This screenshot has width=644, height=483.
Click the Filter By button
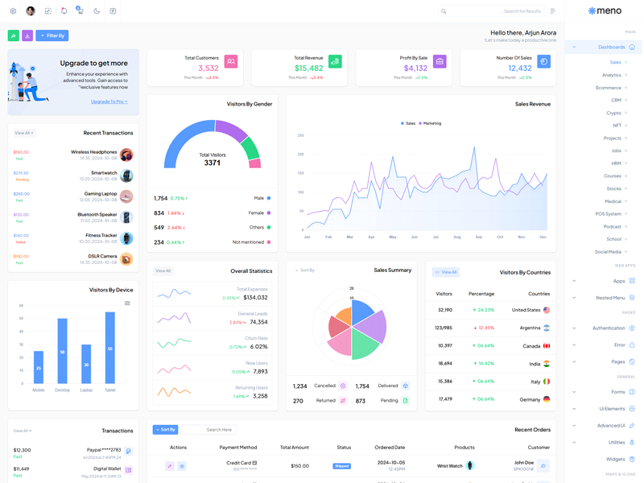(x=52, y=35)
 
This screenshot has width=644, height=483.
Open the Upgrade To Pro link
(x=109, y=101)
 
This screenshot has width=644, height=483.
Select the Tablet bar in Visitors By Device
(x=110, y=348)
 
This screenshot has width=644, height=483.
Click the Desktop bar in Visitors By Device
(x=62, y=351)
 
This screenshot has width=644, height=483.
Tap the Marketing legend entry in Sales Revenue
(x=430, y=123)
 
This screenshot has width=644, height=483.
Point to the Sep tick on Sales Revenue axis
(x=479, y=237)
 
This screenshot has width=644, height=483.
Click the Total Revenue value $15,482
(x=309, y=68)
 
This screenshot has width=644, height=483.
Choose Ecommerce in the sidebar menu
(x=609, y=88)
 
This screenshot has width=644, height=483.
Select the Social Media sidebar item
(x=609, y=252)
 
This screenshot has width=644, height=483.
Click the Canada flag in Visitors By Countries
(x=547, y=345)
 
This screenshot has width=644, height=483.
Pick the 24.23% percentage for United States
(x=483, y=310)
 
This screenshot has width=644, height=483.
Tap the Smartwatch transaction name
(x=104, y=172)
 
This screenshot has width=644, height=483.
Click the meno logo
(x=605, y=11)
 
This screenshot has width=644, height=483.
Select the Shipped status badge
(x=342, y=466)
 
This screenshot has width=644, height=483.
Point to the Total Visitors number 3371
(x=213, y=163)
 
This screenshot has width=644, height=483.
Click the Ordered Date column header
(x=390, y=448)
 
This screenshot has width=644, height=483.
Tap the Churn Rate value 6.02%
(x=258, y=346)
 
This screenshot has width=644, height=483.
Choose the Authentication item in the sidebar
(x=609, y=328)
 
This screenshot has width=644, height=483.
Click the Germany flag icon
(x=547, y=399)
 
